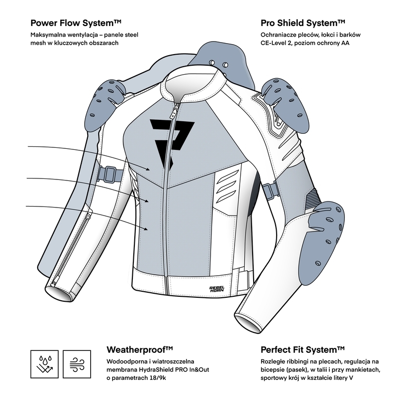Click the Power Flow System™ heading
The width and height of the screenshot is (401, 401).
coord(76,23)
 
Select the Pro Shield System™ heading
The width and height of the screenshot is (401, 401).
coord(303,23)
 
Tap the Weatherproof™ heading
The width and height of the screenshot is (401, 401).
coord(140,349)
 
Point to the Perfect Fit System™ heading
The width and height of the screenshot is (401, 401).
coord(303,349)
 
